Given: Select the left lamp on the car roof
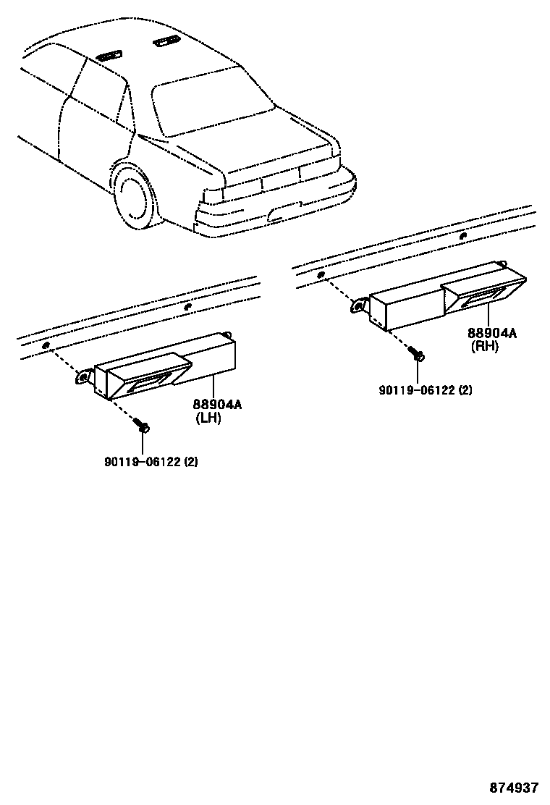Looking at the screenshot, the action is click(109, 53).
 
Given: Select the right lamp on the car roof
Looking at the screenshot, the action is click(166, 41).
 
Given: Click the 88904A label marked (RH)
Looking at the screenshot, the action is click(491, 333).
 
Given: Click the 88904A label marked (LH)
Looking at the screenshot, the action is click(216, 405).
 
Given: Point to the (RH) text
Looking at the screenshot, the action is click(484, 346).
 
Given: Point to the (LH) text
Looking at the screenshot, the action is click(208, 418).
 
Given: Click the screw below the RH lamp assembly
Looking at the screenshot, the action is click(418, 355).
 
